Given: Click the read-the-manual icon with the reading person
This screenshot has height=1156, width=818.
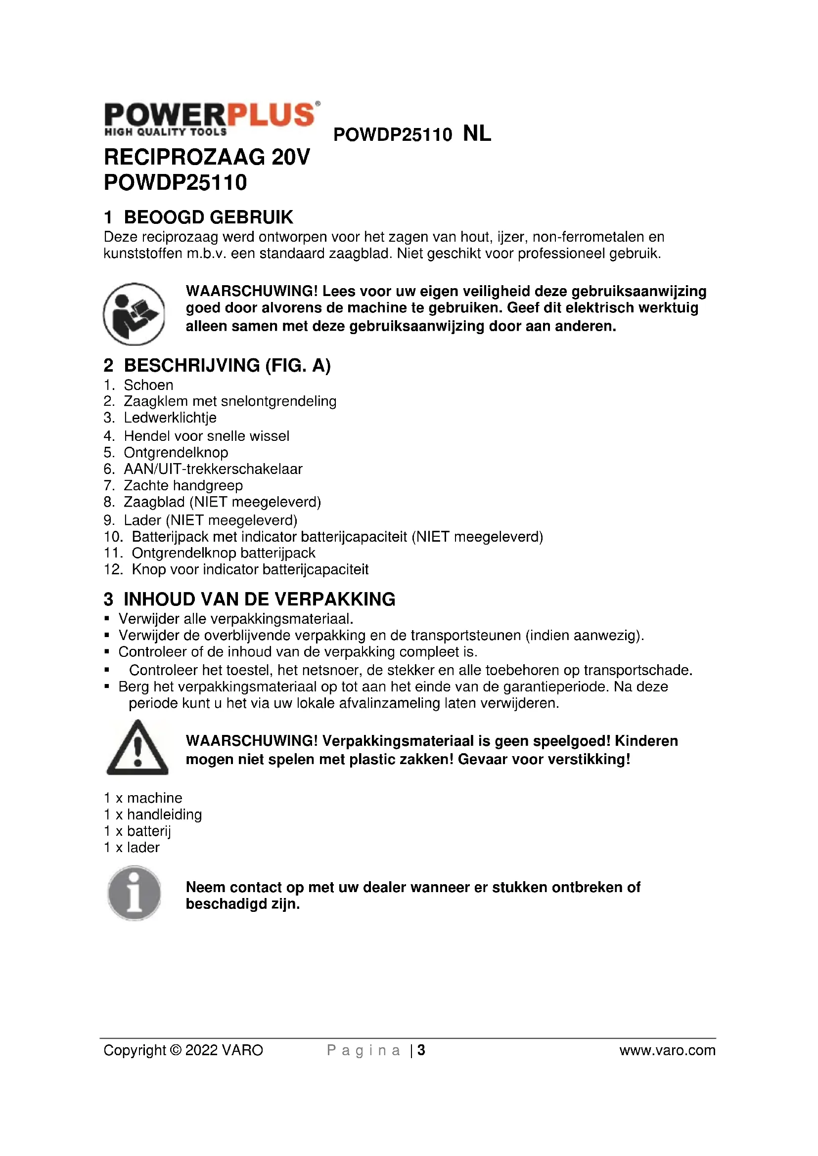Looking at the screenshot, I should click(134, 314).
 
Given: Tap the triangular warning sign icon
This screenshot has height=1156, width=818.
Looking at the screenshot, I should click(137, 748).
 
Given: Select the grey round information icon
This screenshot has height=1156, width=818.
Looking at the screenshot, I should click(134, 893).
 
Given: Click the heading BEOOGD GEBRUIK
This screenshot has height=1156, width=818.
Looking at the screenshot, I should click(208, 217).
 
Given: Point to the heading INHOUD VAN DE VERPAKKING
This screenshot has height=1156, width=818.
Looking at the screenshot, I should click(260, 599).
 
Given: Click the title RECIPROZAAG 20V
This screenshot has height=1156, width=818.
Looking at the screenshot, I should click(207, 157).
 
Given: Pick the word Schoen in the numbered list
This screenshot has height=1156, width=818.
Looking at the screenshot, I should click(148, 385).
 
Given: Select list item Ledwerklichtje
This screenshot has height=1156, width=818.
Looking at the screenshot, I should click(170, 418).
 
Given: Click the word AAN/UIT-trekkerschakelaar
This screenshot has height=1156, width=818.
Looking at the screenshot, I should click(213, 469).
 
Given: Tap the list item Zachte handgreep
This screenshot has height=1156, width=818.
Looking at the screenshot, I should click(183, 485).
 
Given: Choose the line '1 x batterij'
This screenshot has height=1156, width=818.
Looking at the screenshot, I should click(137, 831).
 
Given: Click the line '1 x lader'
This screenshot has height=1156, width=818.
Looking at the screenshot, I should click(132, 848).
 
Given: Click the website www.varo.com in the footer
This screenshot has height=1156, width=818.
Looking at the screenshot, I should click(667, 1050).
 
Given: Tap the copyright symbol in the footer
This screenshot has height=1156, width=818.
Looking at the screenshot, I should click(175, 1050).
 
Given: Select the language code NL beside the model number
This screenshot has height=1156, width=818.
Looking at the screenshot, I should click(476, 134).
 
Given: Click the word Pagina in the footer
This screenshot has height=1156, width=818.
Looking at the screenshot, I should click(364, 1050).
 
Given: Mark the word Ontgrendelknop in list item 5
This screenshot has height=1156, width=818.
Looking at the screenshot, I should click(176, 453).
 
